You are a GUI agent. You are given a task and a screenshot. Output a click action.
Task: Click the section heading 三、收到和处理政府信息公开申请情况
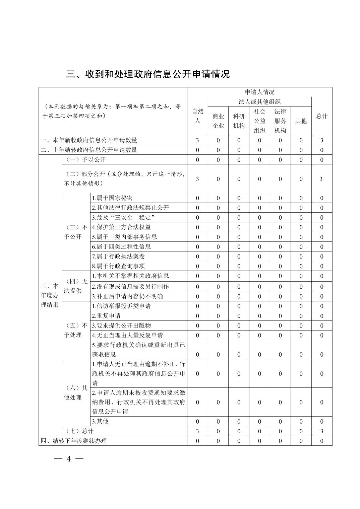point(148,74)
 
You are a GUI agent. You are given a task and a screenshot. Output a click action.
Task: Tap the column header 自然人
point(197,116)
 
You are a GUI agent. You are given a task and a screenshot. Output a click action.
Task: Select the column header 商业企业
point(218,121)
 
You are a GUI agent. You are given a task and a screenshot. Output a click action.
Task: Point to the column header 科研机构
point(239,121)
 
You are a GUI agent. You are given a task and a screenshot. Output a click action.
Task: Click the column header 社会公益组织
point(259,121)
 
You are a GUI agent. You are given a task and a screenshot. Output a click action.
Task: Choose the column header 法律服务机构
point(280,121)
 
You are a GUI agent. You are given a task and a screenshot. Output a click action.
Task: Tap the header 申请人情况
point(259,92)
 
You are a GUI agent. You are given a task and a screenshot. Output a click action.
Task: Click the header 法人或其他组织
point(259,102)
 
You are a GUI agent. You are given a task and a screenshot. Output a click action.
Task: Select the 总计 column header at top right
point(321,116)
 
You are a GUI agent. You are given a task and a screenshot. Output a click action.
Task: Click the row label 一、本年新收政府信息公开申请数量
point(89,140)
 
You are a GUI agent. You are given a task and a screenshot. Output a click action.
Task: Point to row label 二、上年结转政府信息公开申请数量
point(89,150)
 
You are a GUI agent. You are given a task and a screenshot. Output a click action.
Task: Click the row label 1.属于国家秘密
point(112,198)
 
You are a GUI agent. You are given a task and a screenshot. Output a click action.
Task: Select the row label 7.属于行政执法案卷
point(118,257)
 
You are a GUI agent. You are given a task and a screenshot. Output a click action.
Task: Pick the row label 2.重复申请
point(106,316)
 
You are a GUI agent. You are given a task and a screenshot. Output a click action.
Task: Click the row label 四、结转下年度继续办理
point(74,441)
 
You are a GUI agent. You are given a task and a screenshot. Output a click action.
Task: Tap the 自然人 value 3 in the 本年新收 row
point(197,140)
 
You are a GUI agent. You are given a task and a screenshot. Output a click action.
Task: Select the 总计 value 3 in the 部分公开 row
point(321,179)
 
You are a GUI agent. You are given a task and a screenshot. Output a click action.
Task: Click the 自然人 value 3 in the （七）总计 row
point(197,431)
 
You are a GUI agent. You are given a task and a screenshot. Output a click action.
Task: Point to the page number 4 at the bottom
point(69,459)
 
